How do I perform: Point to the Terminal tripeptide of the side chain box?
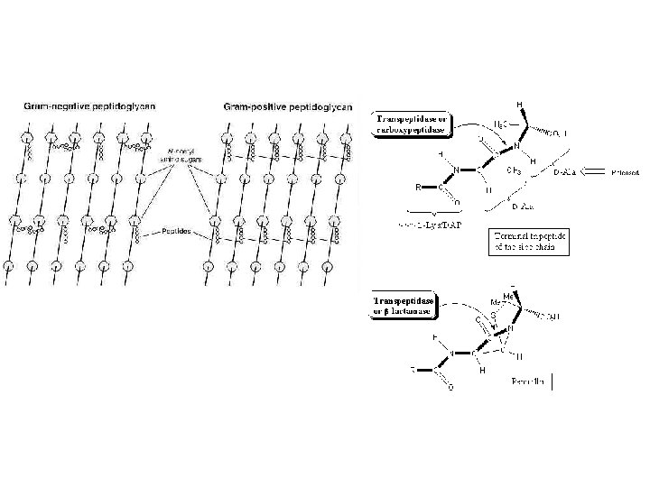coord(528,242)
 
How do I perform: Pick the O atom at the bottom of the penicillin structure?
coord(450,389)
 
